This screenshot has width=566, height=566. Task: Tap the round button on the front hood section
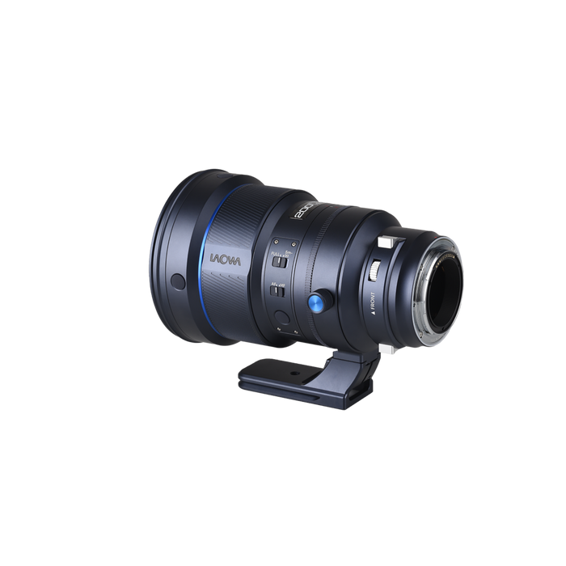178,281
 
